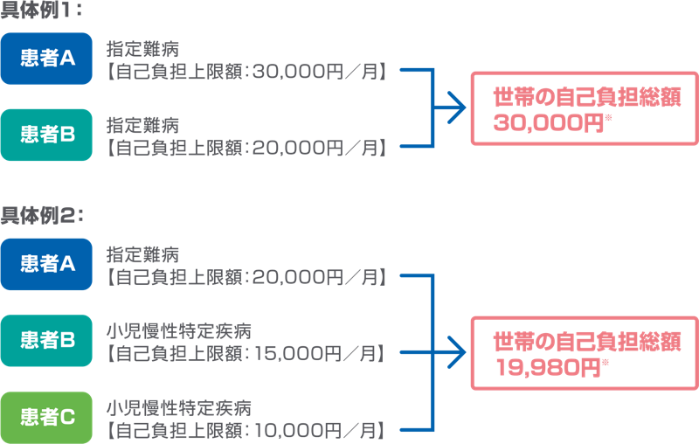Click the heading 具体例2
[x=43, y=213]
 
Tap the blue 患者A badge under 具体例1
[x=46, y=59]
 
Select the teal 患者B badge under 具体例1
[x=46, y=135]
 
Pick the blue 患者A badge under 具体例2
[x=46, y=264]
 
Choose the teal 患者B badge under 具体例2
[x=46, y=340]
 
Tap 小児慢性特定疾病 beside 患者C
[x=179, y=408]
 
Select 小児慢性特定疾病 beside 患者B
[x=179, y=331]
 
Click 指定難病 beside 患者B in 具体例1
[x=143, y=126]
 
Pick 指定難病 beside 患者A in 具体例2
[x=143, y=254]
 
